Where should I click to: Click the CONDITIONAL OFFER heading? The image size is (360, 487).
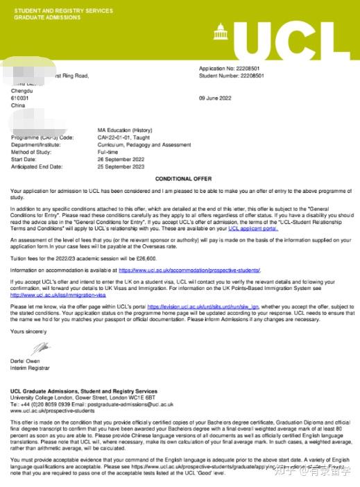coord(182,178)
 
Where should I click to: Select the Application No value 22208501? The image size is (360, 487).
coord(248,69)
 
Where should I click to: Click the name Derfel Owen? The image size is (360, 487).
coord(26,361)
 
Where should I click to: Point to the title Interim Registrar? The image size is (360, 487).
coord(28,368)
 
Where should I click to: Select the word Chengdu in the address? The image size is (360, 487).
coord(22,91)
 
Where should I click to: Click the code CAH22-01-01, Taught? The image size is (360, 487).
coord(125,137)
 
